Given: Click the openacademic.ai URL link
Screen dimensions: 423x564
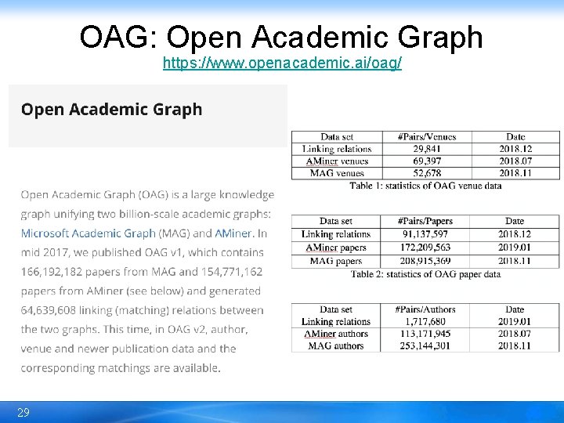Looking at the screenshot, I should coord(282,63).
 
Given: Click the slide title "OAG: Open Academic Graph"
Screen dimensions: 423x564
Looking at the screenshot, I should coord(281,36).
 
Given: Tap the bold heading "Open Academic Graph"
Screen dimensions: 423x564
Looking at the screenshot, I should coord(111,110).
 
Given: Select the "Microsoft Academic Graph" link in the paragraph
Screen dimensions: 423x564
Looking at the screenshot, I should coord(89,233).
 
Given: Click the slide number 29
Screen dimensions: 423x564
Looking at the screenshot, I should coord(23,413).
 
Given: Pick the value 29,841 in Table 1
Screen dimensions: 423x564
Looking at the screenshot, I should coord(426,149).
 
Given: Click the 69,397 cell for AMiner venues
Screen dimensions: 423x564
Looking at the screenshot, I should coord(426,161).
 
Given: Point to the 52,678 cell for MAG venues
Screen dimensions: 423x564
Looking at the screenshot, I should coord(426,173).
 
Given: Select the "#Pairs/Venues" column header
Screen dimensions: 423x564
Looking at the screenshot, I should coord(426,137).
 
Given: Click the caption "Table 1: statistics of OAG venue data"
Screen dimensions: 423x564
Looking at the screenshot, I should coord(425,186).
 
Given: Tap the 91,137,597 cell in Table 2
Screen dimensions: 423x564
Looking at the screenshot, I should coord(425,234).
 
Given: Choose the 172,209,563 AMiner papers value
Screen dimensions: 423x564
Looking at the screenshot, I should coord(425,248).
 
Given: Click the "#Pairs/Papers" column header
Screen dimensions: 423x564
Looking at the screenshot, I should coord(425,222).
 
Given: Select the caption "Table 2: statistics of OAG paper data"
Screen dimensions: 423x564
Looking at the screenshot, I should coord(425,274).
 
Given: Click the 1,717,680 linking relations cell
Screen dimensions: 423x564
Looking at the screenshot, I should coord(425,322).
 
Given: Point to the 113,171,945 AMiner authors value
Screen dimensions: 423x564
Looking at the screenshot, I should coord(425,334).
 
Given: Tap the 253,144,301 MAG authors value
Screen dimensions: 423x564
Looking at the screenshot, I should coord(425,345).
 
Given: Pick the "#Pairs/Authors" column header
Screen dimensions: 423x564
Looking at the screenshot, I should coord(425,310).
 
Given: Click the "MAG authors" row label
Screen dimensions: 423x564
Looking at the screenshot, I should coord(336,345).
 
